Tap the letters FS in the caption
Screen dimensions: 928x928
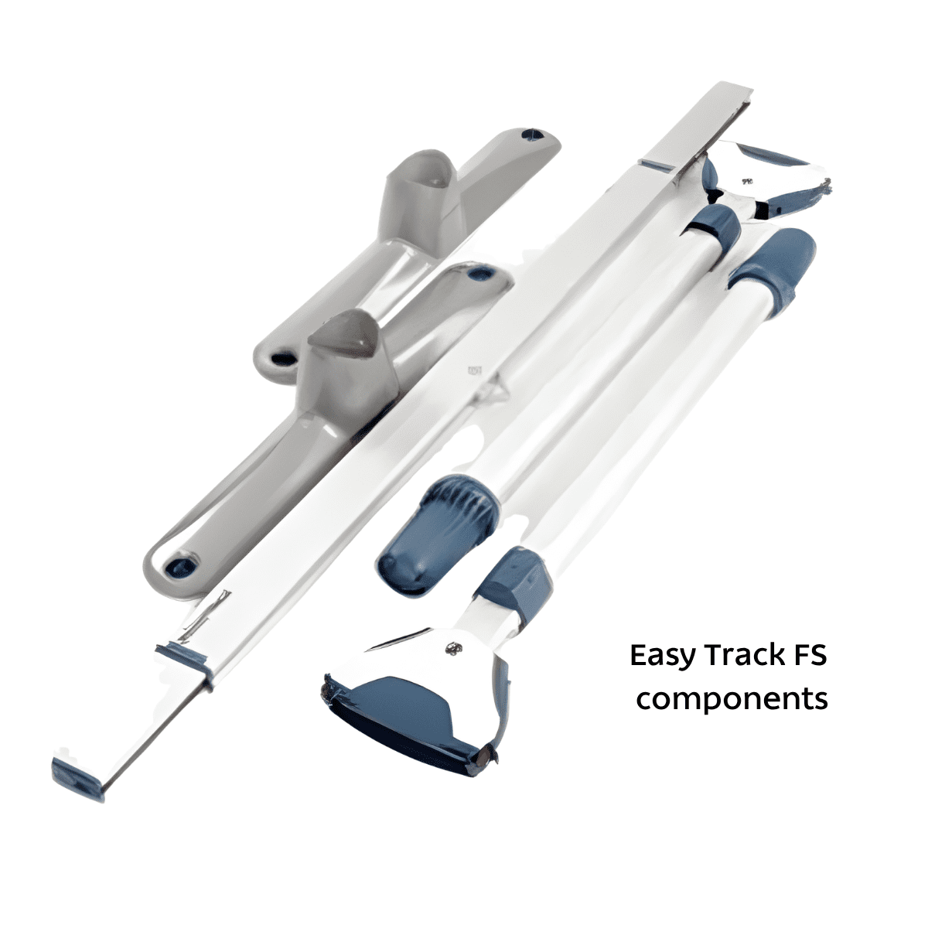tap(809, 656)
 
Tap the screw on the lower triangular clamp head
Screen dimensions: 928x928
tap(452, 649)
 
